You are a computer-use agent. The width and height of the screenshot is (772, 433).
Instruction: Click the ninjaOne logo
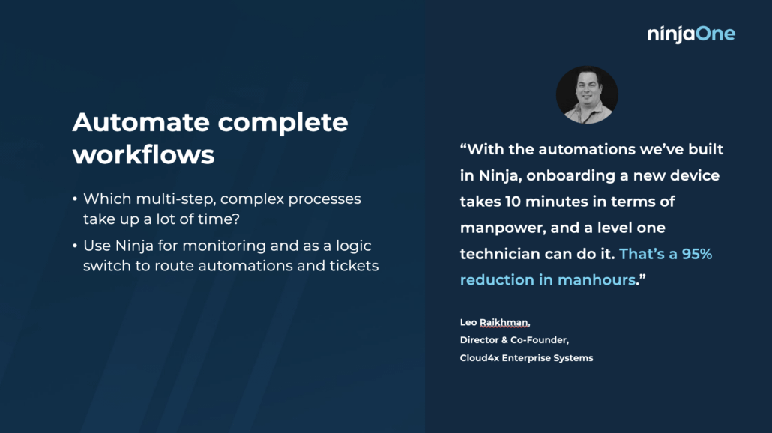pyautogui.click(x=691, y=34)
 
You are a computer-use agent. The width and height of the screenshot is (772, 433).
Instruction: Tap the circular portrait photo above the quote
pyautogui.click(x=587, y=94)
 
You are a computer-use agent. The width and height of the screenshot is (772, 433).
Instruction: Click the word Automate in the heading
pyautogui.click(x=141, y=122)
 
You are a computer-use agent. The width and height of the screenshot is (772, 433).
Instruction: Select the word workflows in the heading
pyautogui.click(x=143, y=154)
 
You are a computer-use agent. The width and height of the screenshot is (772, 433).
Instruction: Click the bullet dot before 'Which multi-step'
pyautogui.click(x=75, y=199)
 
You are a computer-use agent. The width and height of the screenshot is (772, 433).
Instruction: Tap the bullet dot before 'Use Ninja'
pyautogui.click(x=75, y=246)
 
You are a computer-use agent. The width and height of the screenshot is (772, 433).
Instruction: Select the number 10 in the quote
pyautogui.click(x=513, y=202)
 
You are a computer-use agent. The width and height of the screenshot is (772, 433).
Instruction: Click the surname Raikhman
pyautogui.click(x=504, y=323)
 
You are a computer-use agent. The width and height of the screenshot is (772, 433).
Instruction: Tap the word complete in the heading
pyautogui.click(x=283, y=123)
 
